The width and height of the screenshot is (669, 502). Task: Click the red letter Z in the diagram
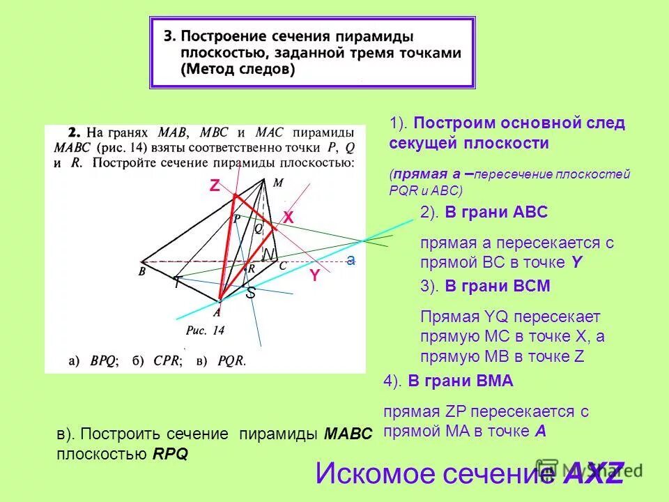pyautogui.click(x=215, y=185)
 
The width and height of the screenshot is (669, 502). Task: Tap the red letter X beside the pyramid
pyautogui.click(x=288, y=218)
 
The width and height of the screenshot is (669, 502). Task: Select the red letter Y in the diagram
pyautogui.click(x=315, y=276)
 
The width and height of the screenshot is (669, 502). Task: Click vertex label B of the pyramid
pyautogui.click(x=142, y=272)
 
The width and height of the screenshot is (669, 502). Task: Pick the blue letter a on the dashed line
pyautogui.click(x=351, y=259)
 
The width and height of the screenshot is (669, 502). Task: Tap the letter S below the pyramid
pyautogui.click(x=251, y=294)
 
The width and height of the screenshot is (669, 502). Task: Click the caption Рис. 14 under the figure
pyautogui.click(x=206, y=331)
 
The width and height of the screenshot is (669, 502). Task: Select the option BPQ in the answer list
pyautogui.click(x=104, y=361)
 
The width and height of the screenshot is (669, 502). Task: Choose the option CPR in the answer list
pyautogui.click(x=167, y=361)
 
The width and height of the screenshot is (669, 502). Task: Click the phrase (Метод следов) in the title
pyautogui.click(x=237, y=70)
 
